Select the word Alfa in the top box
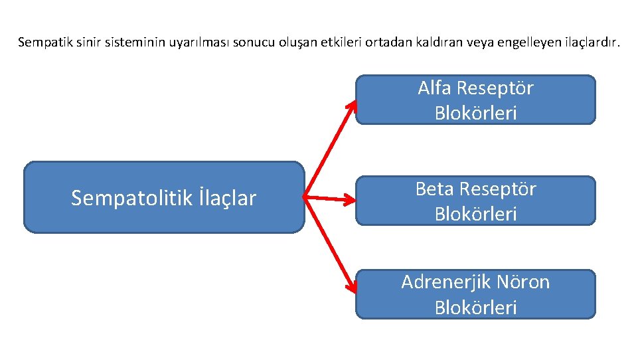tap(434, 88)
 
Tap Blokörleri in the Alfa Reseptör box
tap(475, 114)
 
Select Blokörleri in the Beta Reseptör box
tap(475, 215)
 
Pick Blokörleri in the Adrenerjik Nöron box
tap(475, 308)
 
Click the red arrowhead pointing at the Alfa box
tap(353, 106)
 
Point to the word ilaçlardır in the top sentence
tap(590, 43)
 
